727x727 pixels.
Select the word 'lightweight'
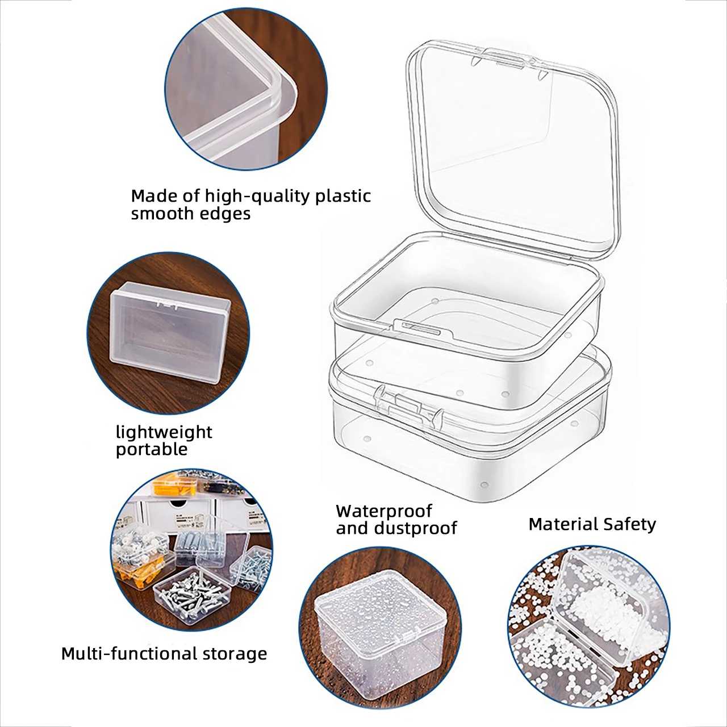pos(164,432)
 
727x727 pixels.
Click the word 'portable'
pos(151,449)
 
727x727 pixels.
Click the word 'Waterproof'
pos(384,511)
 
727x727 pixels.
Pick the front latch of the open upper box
pos(421,329)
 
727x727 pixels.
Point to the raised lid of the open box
pos(511,148)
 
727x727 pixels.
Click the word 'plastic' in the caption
pos(343,197)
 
